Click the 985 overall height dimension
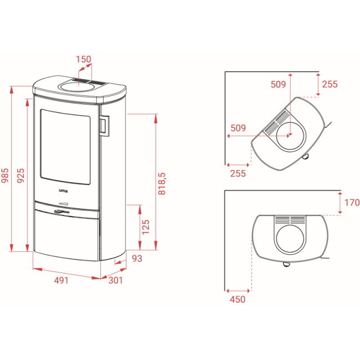pos(5,176)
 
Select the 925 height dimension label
pos(20,176)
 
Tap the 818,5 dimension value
pos(162,184)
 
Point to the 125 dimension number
pos(146,227)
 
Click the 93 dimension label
pos(137,259)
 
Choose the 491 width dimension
pos(61,280)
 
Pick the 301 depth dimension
pos(116,280)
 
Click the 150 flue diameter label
pos(84,59)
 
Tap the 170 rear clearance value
pos(352,203)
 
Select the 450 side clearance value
pos(238,300)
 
